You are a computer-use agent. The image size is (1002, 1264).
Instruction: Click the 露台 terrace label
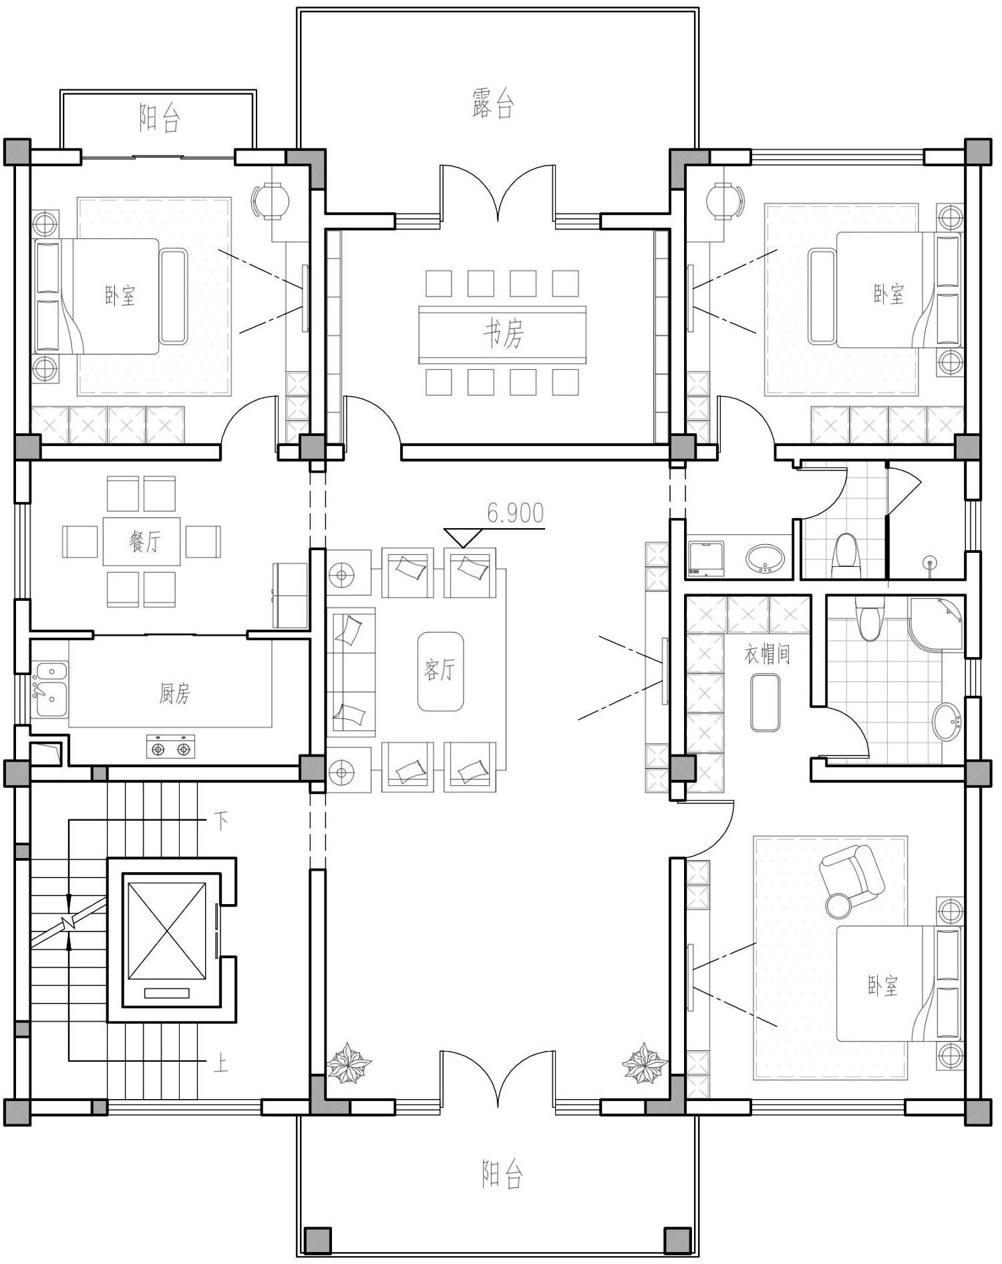tap(492, 104)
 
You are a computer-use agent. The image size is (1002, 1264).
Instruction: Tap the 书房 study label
tap(503, 333)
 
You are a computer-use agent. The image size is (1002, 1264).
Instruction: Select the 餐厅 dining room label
tap(145, 540)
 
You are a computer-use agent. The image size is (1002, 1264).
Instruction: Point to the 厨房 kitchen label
tap(174, 694)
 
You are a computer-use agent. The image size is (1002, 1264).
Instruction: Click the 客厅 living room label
tap(440, 669)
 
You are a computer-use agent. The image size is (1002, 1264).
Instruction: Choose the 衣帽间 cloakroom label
tap(768, 654)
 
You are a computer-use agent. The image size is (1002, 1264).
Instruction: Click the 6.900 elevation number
tap(515, 513)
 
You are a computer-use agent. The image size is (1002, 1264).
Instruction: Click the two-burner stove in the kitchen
tap(171, 747)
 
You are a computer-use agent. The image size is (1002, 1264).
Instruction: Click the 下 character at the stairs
tap(221, 820)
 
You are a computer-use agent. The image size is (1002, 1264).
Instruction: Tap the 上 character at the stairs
tap(221, 1062)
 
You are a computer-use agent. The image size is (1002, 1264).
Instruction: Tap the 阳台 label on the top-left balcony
tap(160, 119)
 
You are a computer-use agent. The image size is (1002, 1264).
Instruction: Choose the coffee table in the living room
tap(440, 671)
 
